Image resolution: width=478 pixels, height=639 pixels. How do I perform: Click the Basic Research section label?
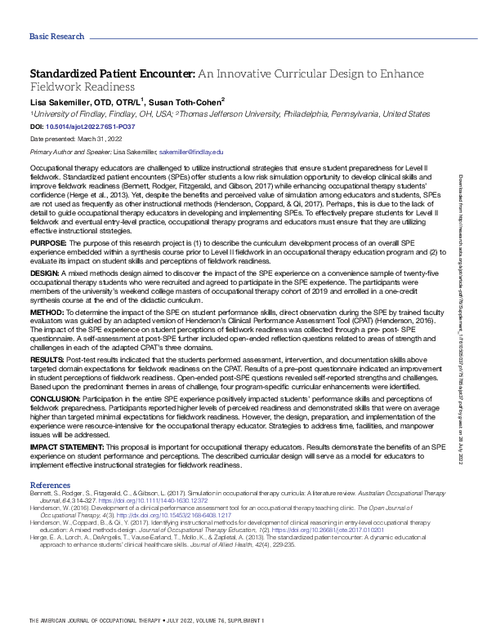point(56,36)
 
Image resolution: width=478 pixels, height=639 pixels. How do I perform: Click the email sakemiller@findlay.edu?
point(191,152)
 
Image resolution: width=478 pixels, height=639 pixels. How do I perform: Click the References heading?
point(50,484)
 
